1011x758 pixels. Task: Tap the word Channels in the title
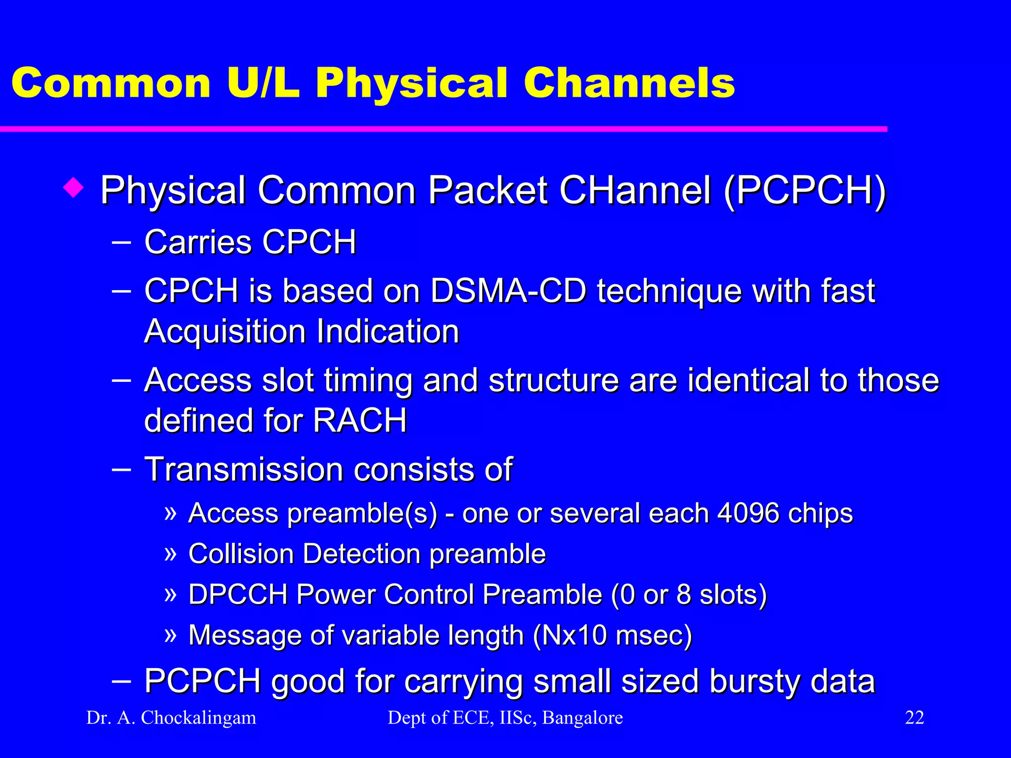[629, 83]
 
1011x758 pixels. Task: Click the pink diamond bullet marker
[74, 188]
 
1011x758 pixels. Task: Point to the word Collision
[241, 553]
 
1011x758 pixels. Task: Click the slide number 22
[914, 718]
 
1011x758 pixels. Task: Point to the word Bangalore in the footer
[582, 718]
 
